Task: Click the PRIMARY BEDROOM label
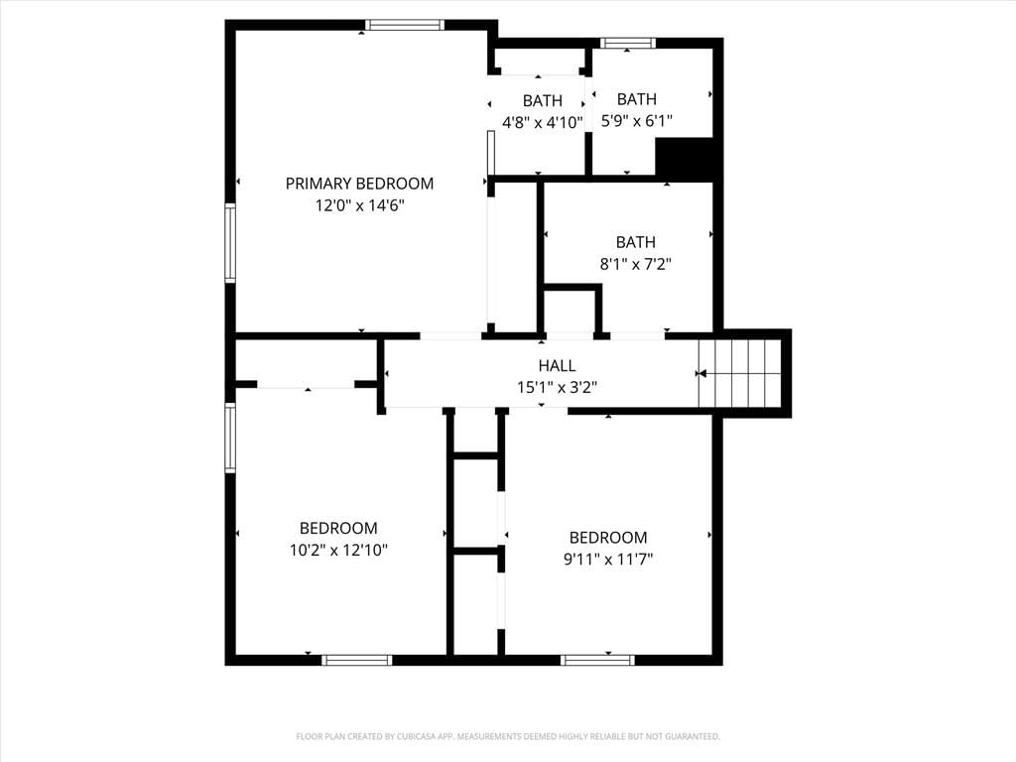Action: [359, 184]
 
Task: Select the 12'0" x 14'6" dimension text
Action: [359, 205]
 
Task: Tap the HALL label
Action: [558, 365]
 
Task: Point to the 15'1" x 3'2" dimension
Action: [558, 388]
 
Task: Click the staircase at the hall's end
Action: [739, 373]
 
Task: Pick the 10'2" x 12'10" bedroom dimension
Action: [338, 550]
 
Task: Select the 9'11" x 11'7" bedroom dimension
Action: [608, 559]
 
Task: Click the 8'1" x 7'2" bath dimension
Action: [636, 264]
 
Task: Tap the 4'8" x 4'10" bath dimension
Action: [543, 122]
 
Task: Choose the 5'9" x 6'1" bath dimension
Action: [637, 120]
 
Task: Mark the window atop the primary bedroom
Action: [405, 25]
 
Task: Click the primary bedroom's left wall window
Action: [230, 242]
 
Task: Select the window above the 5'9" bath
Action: [627, 43]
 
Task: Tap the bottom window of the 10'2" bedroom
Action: [357, 660]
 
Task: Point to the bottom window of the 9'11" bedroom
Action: [597, 660]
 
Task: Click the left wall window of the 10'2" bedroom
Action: [230, 438]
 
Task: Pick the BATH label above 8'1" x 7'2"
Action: [636, 242]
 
